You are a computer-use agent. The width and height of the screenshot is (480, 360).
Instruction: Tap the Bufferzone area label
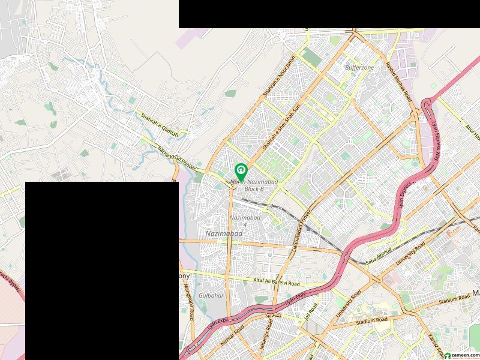pyautogui.click(x=359, y=68)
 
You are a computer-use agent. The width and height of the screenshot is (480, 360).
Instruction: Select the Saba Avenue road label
pyautogui.click(x=379, y=252)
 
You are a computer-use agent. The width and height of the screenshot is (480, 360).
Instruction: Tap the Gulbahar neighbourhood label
pyautogui.click(x=211, y=296)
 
